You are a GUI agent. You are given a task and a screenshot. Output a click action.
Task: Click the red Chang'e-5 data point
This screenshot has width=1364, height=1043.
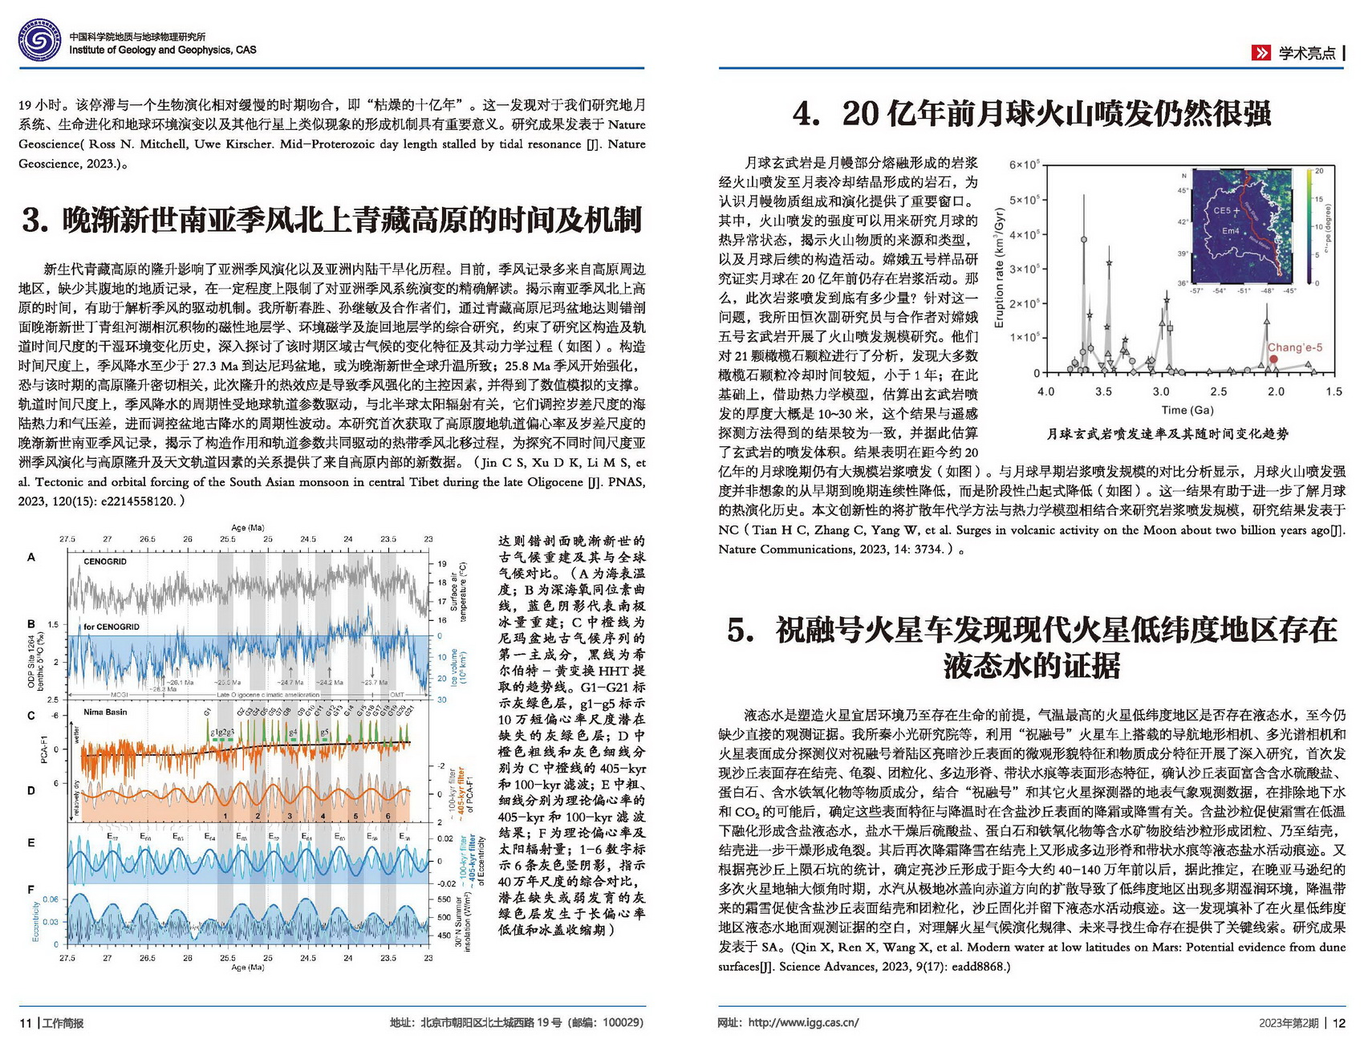(x=1273, y=359)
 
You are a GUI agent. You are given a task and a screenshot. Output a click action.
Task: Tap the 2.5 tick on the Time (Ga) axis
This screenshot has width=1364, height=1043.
(x=1219, y=392)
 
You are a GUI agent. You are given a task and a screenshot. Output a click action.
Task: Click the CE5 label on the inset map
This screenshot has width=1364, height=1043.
(x=1221, y=211)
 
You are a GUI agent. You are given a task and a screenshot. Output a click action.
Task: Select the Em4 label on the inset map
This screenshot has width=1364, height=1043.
(x=1230, y=231)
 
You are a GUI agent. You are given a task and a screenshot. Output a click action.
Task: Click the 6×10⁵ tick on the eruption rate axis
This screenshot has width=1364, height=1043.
(x=1024, y=164)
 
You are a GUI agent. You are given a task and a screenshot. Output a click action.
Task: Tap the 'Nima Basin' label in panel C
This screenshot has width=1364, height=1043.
(x=105, y=712)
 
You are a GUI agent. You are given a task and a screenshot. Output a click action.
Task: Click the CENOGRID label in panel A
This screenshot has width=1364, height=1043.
(x=105, y=562)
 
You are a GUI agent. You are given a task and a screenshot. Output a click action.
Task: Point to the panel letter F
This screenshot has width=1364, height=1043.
(x=31, y=889)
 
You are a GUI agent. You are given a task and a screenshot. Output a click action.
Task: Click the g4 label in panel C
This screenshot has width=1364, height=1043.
(x=293, y=732)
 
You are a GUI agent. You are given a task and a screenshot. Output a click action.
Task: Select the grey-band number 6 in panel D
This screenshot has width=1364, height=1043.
(x=388, y=816)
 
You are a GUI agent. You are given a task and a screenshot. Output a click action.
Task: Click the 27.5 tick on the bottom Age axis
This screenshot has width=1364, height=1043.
(x=67, y=957)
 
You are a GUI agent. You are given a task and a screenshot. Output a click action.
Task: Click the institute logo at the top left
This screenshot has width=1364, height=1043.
(x=40, y=41)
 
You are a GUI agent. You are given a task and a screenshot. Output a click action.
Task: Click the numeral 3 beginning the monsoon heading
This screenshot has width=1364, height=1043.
(x=33, y=220)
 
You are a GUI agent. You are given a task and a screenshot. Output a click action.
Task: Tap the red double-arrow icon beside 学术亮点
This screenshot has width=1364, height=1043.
(x=1261, y=53)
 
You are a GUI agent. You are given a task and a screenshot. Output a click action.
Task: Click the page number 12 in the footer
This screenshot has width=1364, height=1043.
(x=1338, y=1023)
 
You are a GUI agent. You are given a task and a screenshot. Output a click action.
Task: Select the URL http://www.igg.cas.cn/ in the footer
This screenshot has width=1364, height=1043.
(x=803, y=1023)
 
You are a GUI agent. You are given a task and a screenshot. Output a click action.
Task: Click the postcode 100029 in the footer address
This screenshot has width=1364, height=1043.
(x=621, y=1023)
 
